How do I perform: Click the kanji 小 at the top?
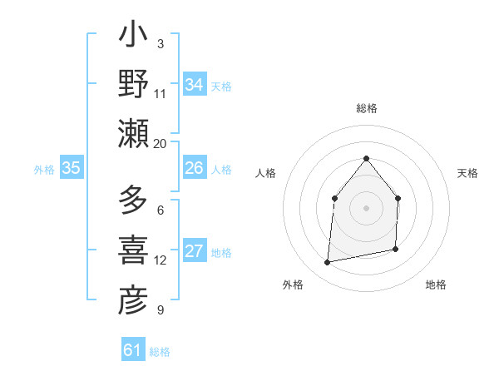[x=133, y=38]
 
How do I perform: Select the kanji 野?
[x=133, y=85]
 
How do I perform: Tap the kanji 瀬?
[x=133, y=133]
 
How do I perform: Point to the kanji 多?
[x=133, y=202]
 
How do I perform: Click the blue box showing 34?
[x=194, y=85]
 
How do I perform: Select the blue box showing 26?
[x=194, y=168]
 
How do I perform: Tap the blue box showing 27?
[x=194, y=252]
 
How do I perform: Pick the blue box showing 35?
[x=71, y=168]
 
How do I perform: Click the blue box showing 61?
[x=133, y=350]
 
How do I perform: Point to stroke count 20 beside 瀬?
[x=160, y=144]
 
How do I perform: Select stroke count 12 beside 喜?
[x=160, y=260]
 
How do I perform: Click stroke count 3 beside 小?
[x=160, y=43]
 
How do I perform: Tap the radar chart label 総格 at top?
[x=366, y=108]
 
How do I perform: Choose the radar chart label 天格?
[x=468, y=173]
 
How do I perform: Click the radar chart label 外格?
[x=293, y=285]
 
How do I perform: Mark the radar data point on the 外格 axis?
[x=328, y=263]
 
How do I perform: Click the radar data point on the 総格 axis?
[x=366, y=158]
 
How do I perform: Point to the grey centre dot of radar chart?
[x=366, y=208]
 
